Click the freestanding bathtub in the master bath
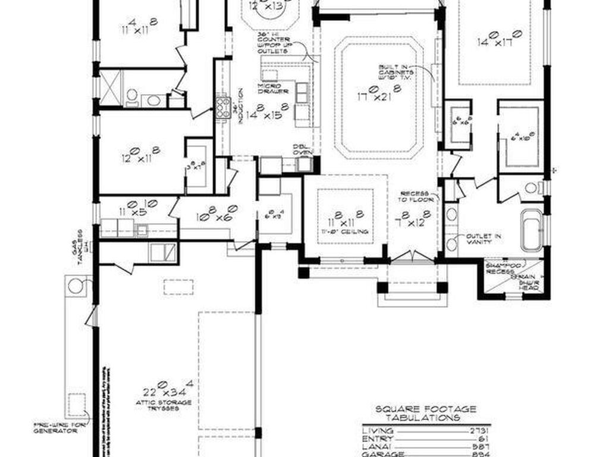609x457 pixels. (531, 230)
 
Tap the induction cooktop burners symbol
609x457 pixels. (223, 108)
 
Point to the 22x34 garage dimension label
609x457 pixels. (168, 391)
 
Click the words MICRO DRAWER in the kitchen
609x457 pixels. (273, 89)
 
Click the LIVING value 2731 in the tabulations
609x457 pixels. (479, 430)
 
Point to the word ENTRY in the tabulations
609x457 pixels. (376, 438)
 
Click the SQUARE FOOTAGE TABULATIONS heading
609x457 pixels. (425, 413)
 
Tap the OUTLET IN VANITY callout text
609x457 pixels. (484, 239)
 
